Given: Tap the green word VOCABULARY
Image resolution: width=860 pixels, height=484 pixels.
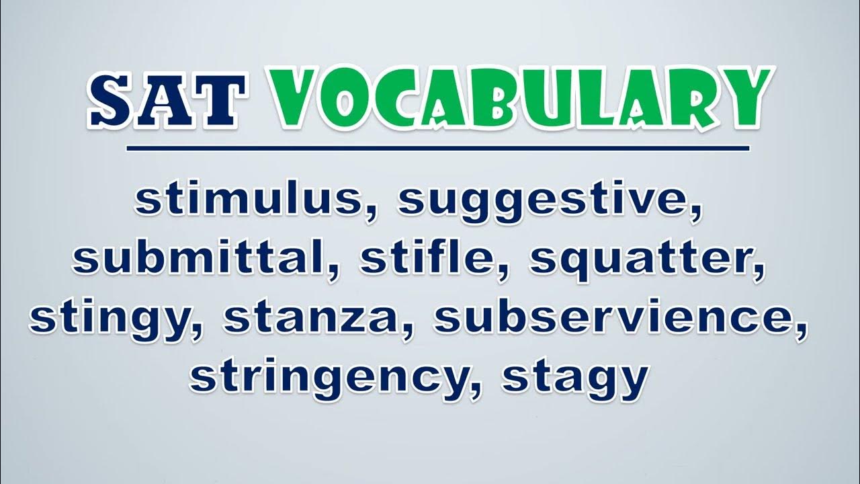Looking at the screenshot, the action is pos(522,98).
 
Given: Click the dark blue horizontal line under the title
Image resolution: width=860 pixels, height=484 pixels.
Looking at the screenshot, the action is pos(438,149).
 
